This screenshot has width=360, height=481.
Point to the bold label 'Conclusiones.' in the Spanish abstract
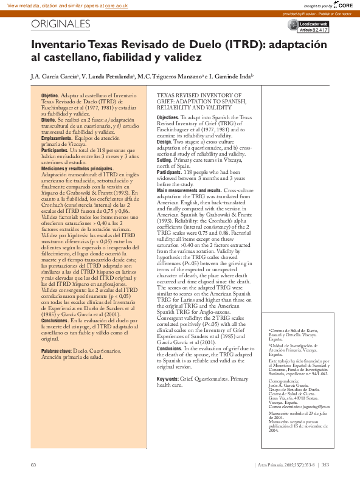coord(55,320)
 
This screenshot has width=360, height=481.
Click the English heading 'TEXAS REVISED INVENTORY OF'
coord(199,96)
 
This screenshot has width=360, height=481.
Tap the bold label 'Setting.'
coord(165,160)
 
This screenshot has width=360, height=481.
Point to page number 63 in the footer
coord(33,465)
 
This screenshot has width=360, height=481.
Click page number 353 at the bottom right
coord(325,465)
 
